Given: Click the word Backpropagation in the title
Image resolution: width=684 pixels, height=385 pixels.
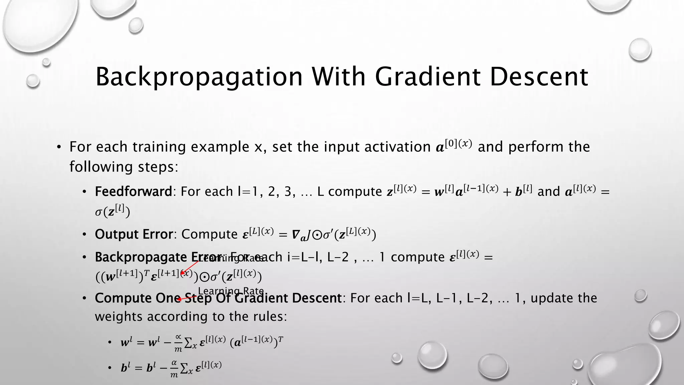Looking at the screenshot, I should click(199, 77).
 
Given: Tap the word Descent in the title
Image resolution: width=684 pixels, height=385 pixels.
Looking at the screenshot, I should click(538, 77).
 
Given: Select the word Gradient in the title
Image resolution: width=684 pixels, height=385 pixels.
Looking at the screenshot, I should click(427, 77).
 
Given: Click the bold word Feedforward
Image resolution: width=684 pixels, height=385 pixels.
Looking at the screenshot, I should click(133, 191).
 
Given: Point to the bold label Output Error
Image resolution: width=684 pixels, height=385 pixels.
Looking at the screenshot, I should click(134, 234).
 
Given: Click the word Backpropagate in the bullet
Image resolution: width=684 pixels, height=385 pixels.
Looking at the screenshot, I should click(141, 257).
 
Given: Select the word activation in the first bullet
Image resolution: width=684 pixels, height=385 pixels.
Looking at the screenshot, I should click(397, 147).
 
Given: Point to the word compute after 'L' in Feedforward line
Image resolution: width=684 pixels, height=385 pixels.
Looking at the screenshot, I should click(355, 191).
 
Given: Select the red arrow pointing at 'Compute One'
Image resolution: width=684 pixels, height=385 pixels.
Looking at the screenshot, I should click(187, 298).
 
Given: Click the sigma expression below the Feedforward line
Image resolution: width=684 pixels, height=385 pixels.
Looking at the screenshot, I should click(112, 211).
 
